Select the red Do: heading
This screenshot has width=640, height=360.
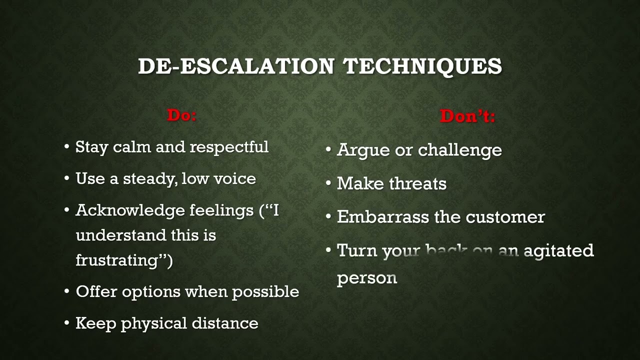pos(182,115)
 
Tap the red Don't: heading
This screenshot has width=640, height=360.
pos(467,116)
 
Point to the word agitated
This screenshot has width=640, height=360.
pos(558,250)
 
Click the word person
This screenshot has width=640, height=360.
pos(367,278)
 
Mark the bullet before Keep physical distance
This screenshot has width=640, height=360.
pos(67,323)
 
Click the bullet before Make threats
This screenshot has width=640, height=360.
pos(328,183)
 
